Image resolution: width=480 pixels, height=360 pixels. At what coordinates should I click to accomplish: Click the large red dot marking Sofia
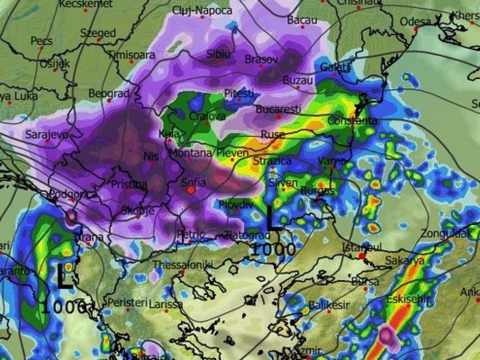click(x=191, y=190)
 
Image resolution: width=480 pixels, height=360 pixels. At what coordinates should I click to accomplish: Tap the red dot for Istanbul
click(x=361, y=255)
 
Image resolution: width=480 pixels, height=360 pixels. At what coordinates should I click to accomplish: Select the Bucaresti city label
click(x=278, y=109)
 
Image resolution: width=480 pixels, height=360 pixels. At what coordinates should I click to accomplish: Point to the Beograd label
click(x=109, y=94)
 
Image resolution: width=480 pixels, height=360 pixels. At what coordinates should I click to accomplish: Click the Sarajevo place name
click(x=46, y=135)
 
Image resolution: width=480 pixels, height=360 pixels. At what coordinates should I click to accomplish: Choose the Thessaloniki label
click(x=183, y=265)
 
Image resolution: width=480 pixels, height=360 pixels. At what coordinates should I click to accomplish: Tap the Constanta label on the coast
click(x=352, y=121)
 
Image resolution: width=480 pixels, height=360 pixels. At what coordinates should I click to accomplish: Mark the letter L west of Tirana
click(x=65, y=277)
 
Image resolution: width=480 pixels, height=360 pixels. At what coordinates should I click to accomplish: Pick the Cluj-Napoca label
click(x=202, y=10)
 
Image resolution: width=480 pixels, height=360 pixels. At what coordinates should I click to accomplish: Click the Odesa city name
click(x=415, y=22)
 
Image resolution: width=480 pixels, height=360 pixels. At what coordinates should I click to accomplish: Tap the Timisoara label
click(x=132, y=55)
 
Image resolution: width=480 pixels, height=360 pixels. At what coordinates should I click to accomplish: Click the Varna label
click(x=331, y=161)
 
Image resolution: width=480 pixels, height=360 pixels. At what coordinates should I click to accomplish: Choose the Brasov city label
click(x=262, y=60)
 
